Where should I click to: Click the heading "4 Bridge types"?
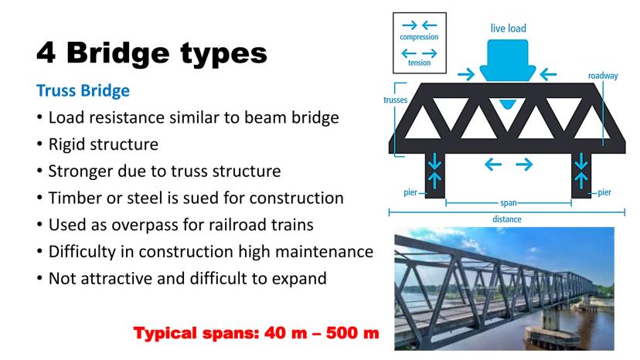click(151, 53)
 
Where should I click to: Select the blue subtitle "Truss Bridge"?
click(83, 90)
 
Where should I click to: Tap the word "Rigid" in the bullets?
click(66, 145)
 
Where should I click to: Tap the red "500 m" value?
click(352, 333)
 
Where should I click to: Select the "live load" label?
click(508, 28)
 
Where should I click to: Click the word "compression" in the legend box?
click(419, 37)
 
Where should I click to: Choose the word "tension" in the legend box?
click(419, 63)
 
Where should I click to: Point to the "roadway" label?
click(603, 76)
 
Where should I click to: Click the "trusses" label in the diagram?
click(395, 100)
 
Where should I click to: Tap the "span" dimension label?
click(508, 203)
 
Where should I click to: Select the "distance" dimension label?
click(506, 219)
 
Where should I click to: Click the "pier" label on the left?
click(410, 192)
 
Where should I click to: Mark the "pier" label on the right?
click(604, 192)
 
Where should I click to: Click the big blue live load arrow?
click(507, 60)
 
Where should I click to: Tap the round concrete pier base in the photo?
click(553, 337)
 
